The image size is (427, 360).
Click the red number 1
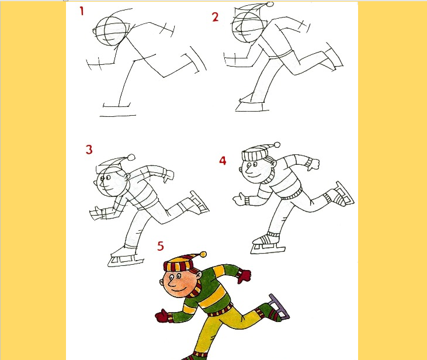(x=81, y=11)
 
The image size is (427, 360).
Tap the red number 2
(x=215, y=17)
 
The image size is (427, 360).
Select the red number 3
(x=89, y=150)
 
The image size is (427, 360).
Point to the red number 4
(x=223, y=161)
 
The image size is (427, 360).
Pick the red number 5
(x=161, y=246)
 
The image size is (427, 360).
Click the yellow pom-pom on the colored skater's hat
(x=203, y=255)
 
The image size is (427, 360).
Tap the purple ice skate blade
(x=280, y=306)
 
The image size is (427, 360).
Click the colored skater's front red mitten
(x=162, y=316)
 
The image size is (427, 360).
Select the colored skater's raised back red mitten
(x=244, y=276)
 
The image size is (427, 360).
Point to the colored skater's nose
(x=171, y=283)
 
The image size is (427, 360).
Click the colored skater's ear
(x=199, y=275)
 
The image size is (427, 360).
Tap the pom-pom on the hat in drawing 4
(x=277, y=145)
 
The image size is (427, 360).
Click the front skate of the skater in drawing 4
(x=267, y=244)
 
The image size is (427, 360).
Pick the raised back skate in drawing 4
(x=342, y=194)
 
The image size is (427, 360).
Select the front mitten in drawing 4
(x=239, y=199)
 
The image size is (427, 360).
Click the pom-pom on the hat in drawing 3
(x=131, y=158)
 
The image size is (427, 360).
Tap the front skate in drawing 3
(x=125, y=257)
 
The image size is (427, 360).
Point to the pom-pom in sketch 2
(x=270, y=4)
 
